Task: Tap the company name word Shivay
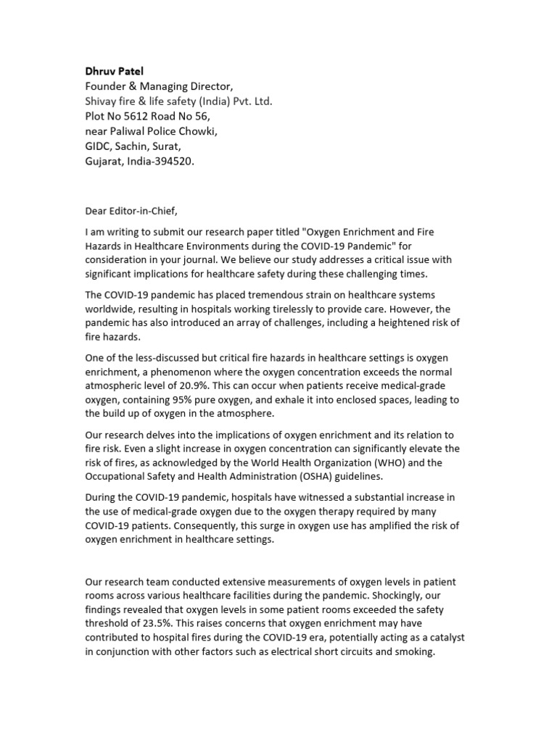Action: tap(103, 101)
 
